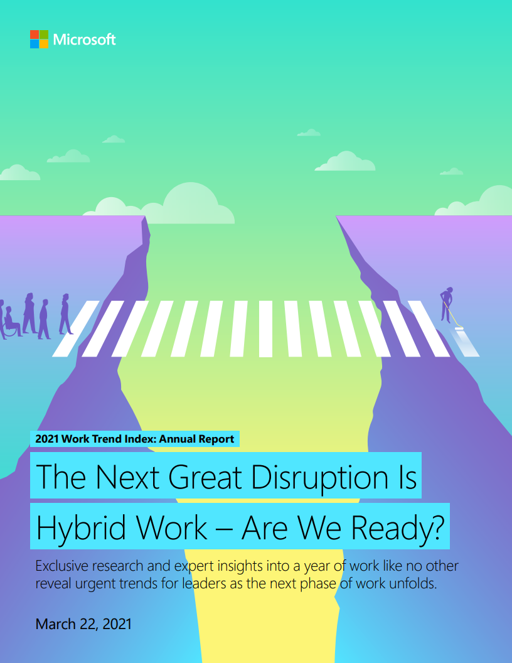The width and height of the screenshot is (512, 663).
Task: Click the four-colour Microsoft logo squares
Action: [x=39, y=40]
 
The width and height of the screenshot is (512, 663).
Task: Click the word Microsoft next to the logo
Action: [x=85, y=40]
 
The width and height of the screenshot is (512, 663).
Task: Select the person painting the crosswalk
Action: [x=447, y=305]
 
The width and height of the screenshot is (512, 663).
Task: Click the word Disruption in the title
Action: [x=320, y=477]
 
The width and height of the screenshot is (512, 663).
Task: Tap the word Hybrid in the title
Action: [x=81, y=528]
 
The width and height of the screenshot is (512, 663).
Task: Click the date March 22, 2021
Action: [x=83, y=624]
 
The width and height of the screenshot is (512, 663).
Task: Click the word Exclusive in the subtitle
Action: [x=62, y=566]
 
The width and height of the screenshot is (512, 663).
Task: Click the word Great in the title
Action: [x=205, y=477]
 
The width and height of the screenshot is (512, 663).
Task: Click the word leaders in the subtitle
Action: [x=205, y=583]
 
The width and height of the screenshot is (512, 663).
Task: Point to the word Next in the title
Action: [x=127, y=477]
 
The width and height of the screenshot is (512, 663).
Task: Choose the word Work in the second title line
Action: [x=171, y=528]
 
